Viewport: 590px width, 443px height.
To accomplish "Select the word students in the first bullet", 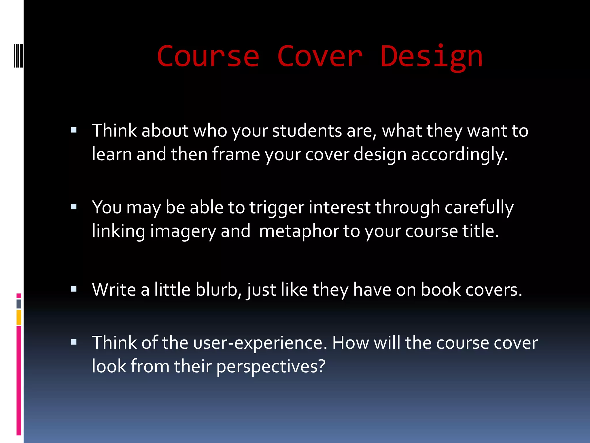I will coord(307,131).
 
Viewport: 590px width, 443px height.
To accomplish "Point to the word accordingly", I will coord(459,155).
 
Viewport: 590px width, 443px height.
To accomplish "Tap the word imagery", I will coord(183,232).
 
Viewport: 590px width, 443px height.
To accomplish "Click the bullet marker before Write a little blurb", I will coord(74,289).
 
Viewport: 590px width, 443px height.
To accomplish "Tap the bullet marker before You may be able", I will coord(74,207).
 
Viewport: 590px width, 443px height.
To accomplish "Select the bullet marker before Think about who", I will coord(74,130).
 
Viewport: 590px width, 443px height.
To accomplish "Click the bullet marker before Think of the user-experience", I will coord(74,342).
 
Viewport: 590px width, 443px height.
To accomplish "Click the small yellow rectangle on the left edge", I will coord(19,317).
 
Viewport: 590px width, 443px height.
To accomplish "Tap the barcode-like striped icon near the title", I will coord(19,55).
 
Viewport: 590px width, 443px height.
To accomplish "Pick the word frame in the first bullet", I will coord(236,154).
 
